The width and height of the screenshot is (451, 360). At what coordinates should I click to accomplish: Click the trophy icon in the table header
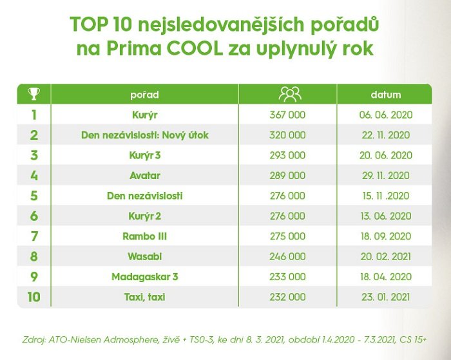pyautogui.click(x=34, y=94)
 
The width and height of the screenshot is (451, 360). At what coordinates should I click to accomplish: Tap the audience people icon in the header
pyautogui.click(x=289, y=94)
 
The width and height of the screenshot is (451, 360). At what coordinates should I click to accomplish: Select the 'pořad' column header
pyautogui.click(x=144, y=95)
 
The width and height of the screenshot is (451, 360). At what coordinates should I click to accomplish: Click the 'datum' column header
pyautogui.click(x=385, y=95)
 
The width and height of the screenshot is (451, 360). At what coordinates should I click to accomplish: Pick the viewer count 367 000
pyautogui.click(x=288, y=115)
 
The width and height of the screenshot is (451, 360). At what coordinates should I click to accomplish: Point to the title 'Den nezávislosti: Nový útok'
pyautogui.click(x=144, y=135)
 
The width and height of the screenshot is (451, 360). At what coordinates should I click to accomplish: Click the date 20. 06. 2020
pyautogui.click(x=385, y=155)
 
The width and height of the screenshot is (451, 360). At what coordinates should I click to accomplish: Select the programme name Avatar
pyautogui.click(x=144, y=175)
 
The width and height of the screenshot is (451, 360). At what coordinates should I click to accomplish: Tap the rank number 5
pyautogui.click(x=34, y=196)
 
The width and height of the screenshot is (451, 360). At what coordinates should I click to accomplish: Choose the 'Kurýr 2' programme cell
pyautogui.click(x=144, y=216)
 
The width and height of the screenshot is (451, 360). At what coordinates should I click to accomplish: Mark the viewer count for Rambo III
pyautogui.click(x=288, y=236)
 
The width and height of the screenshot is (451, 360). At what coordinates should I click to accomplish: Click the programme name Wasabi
pyautogui.click(x=144, y=256)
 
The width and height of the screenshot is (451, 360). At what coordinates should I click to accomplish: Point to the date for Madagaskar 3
pyautogui.click(x=385, y=277)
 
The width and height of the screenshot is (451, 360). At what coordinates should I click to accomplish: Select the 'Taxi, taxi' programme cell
pyautogui.click(x=144, y=297)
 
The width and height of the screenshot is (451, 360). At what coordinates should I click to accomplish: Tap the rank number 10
pyautogui.click(x=34, y=297)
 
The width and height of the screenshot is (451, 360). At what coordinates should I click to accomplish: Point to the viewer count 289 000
pyautogui.click(x=288, y=175)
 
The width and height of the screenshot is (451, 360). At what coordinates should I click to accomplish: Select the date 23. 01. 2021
pyautogui.click(x=385, y=297)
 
